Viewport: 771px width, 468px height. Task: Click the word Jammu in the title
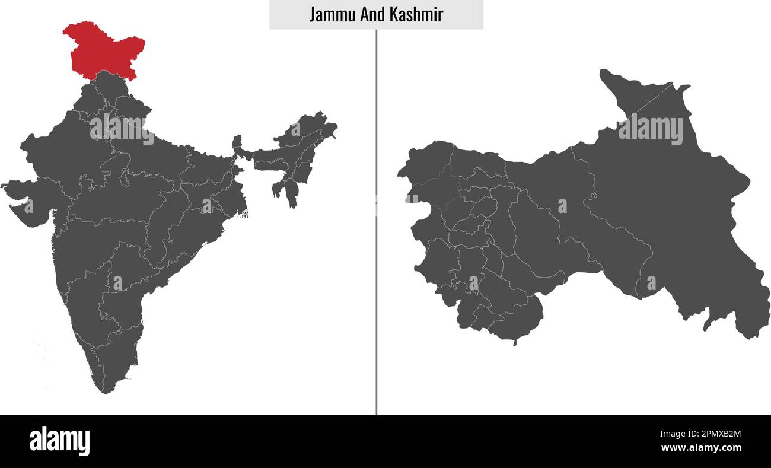click(x=332, y=14)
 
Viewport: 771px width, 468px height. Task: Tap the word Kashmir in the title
click(x=416, y=14)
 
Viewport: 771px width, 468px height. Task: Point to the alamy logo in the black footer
click(x=59, y=441)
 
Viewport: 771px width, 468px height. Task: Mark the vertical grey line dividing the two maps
click(x=376, y=237)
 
